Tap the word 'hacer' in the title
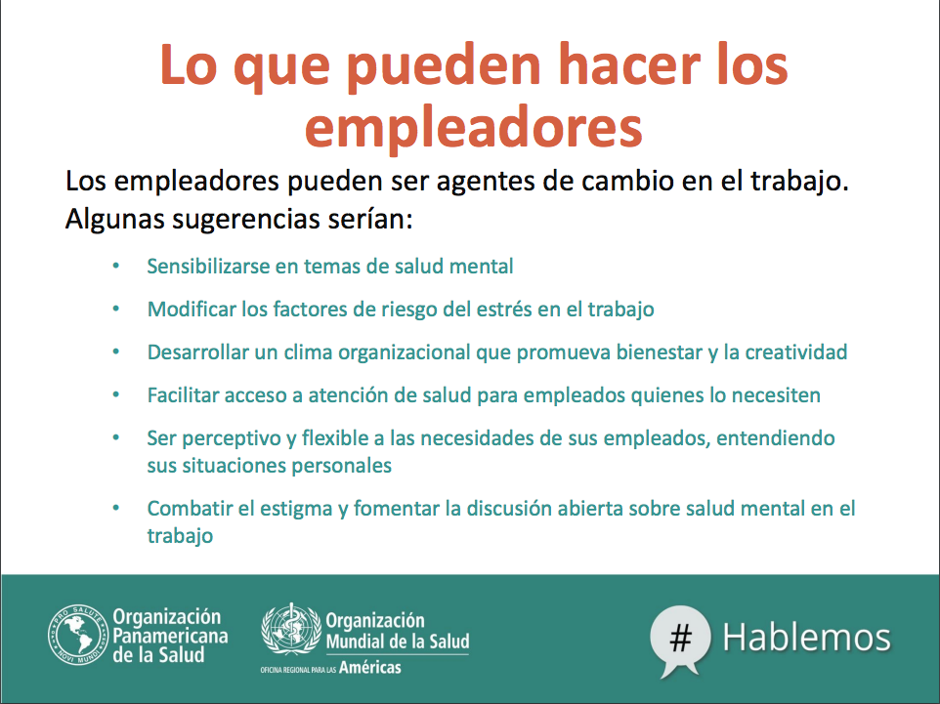tap(629, 64)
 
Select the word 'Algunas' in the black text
tap(114, 220)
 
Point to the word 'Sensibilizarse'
tap(208, 266)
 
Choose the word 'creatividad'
tap(795, 352)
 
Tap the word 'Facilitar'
tap(183, 395)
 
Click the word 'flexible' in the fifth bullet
tap(336, 438)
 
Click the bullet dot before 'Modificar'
tap(116, 310)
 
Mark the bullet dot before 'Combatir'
tap(116, 509)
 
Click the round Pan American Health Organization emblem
tap(77, 635)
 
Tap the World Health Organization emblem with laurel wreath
tap(291, 629)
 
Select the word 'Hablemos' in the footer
tap(806, 637)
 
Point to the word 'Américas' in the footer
tap(370, 668)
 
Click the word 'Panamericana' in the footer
tap(170, 636)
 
